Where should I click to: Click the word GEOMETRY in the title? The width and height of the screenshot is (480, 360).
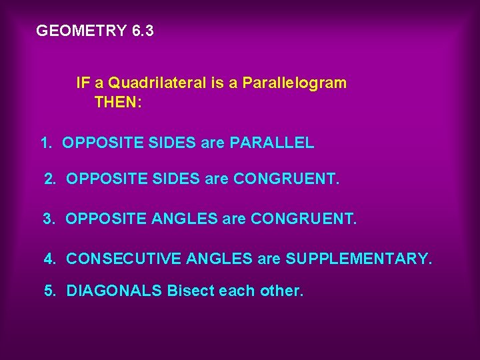[81, 31]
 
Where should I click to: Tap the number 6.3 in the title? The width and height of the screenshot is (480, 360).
[142, 31]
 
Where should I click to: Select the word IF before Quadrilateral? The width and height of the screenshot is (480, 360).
[83, 83]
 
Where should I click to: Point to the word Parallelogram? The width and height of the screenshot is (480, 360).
[294, 83]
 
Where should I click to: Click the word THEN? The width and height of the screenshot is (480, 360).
[117, 103]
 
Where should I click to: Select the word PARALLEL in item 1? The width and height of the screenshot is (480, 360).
[272, 143]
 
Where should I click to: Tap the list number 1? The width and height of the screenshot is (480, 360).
[45, 143]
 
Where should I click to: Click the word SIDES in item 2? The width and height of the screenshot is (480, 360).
[171, 179]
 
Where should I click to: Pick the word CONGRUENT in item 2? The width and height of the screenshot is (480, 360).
[286, 179]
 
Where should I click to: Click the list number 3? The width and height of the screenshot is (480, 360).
[48, 218]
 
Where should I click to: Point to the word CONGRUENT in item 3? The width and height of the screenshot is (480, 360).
[303, 218]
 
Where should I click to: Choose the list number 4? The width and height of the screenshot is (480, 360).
[49, 258]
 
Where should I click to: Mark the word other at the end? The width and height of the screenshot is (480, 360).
[282, 291]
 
